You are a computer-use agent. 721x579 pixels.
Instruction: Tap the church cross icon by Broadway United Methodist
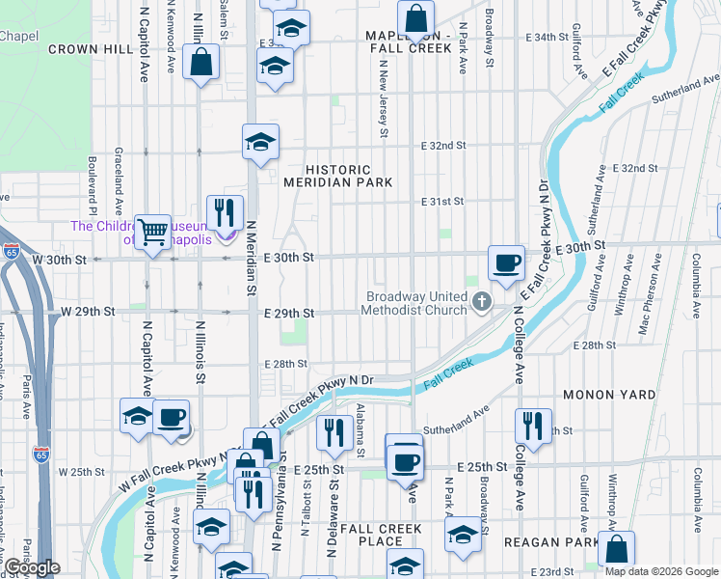(x=482, y=304)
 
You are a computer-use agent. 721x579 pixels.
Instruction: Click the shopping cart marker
(x=152, y=232)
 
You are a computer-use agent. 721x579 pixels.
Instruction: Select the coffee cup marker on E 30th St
(x=506, y=262)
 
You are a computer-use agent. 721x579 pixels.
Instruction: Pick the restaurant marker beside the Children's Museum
(x=225, y=213)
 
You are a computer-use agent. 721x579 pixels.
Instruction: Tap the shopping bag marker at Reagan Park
(x=615, y=549)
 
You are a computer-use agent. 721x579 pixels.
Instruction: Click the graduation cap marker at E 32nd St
(x=259, y=143)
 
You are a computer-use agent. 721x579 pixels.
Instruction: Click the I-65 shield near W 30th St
(x=11, y=251)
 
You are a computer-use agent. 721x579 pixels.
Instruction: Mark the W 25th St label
(x=81, y=472)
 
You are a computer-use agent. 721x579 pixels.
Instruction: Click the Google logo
(x=31, y=567)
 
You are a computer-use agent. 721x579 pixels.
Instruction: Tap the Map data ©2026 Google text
(x=660, y=571)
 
